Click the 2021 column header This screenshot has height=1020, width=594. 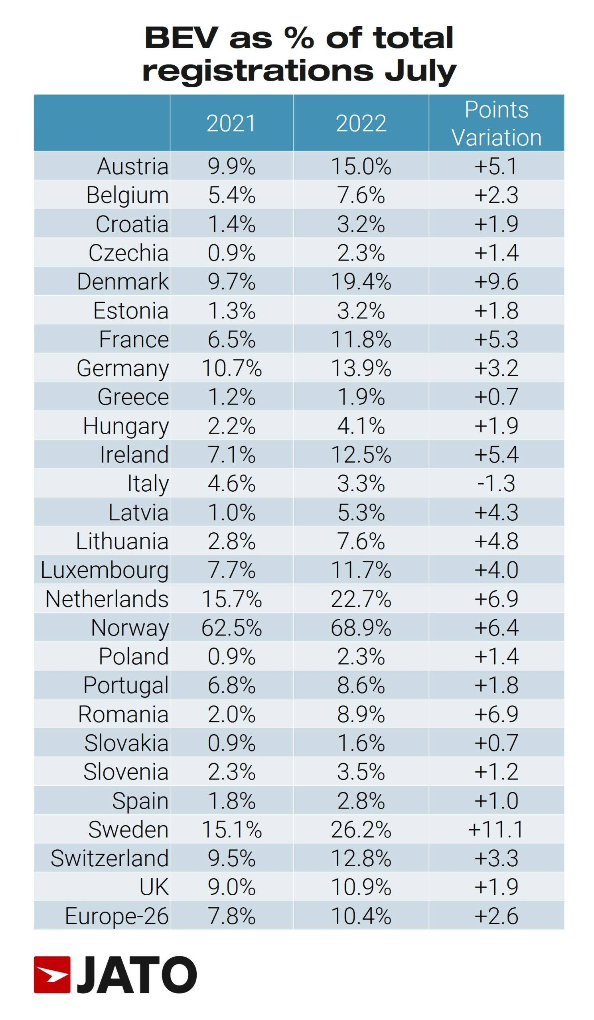[231, 123]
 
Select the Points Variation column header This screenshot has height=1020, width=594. [496, 123]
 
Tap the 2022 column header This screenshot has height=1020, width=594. [361, 123]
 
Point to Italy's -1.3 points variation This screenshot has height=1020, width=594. [496, 483]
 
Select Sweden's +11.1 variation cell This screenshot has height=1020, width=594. [496, 830]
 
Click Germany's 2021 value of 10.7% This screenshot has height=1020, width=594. [231, 368]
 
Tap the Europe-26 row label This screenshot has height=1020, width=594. [117, 916]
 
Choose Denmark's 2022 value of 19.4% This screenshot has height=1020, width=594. [361, 281]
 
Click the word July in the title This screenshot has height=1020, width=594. [420, 71]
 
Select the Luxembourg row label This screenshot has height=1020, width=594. [105, 570]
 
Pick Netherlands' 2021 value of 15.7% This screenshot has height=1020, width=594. [231, 598]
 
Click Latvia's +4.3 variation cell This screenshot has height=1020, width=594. [496, 512]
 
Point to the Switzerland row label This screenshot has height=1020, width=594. [109, 858]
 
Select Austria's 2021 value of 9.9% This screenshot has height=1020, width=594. [231, 166]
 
